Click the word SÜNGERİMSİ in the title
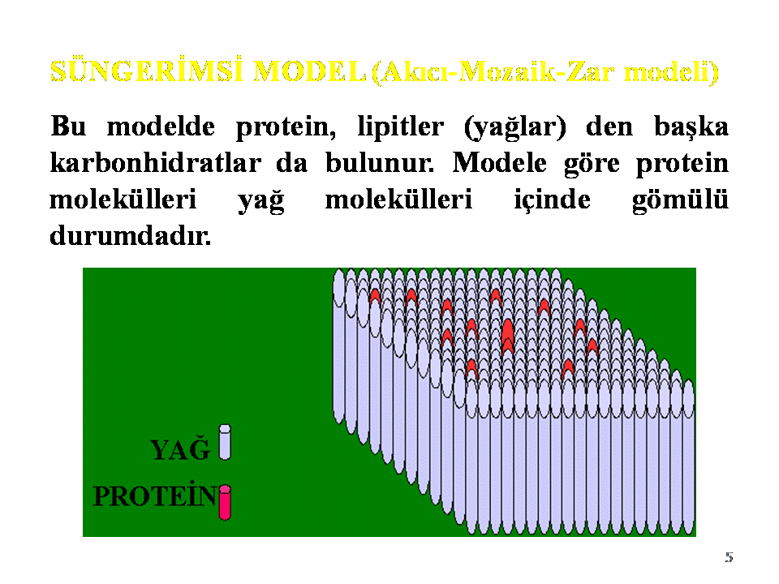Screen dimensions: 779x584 [x=147, y=71]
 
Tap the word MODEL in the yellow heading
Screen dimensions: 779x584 [x=309, y=71]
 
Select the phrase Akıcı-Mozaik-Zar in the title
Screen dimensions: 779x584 [x=497, y=72]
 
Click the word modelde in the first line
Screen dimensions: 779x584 [x=161, y=127]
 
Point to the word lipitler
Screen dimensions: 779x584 [x=400, y=127]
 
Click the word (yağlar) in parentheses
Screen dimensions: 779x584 [x=514, y=128]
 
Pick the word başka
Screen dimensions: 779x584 [x=691, y=127]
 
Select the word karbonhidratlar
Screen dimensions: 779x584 [x=156, y=162]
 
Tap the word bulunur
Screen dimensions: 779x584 [x=380, y=162]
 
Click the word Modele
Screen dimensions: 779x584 [x=499, y=162]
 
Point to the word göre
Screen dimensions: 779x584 [x=592, y=165]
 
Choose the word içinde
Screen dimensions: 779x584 [x=552, y=200]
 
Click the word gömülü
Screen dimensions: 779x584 [x=680, y=200]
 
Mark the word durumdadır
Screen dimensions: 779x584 [x=130, y=235]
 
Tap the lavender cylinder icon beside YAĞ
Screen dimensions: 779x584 [x=225, y=442]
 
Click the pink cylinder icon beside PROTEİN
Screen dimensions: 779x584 [x=225, y=503]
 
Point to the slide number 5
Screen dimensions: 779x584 [x=729, y=556]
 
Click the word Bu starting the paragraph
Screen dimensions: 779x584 [x=68, y=127]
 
